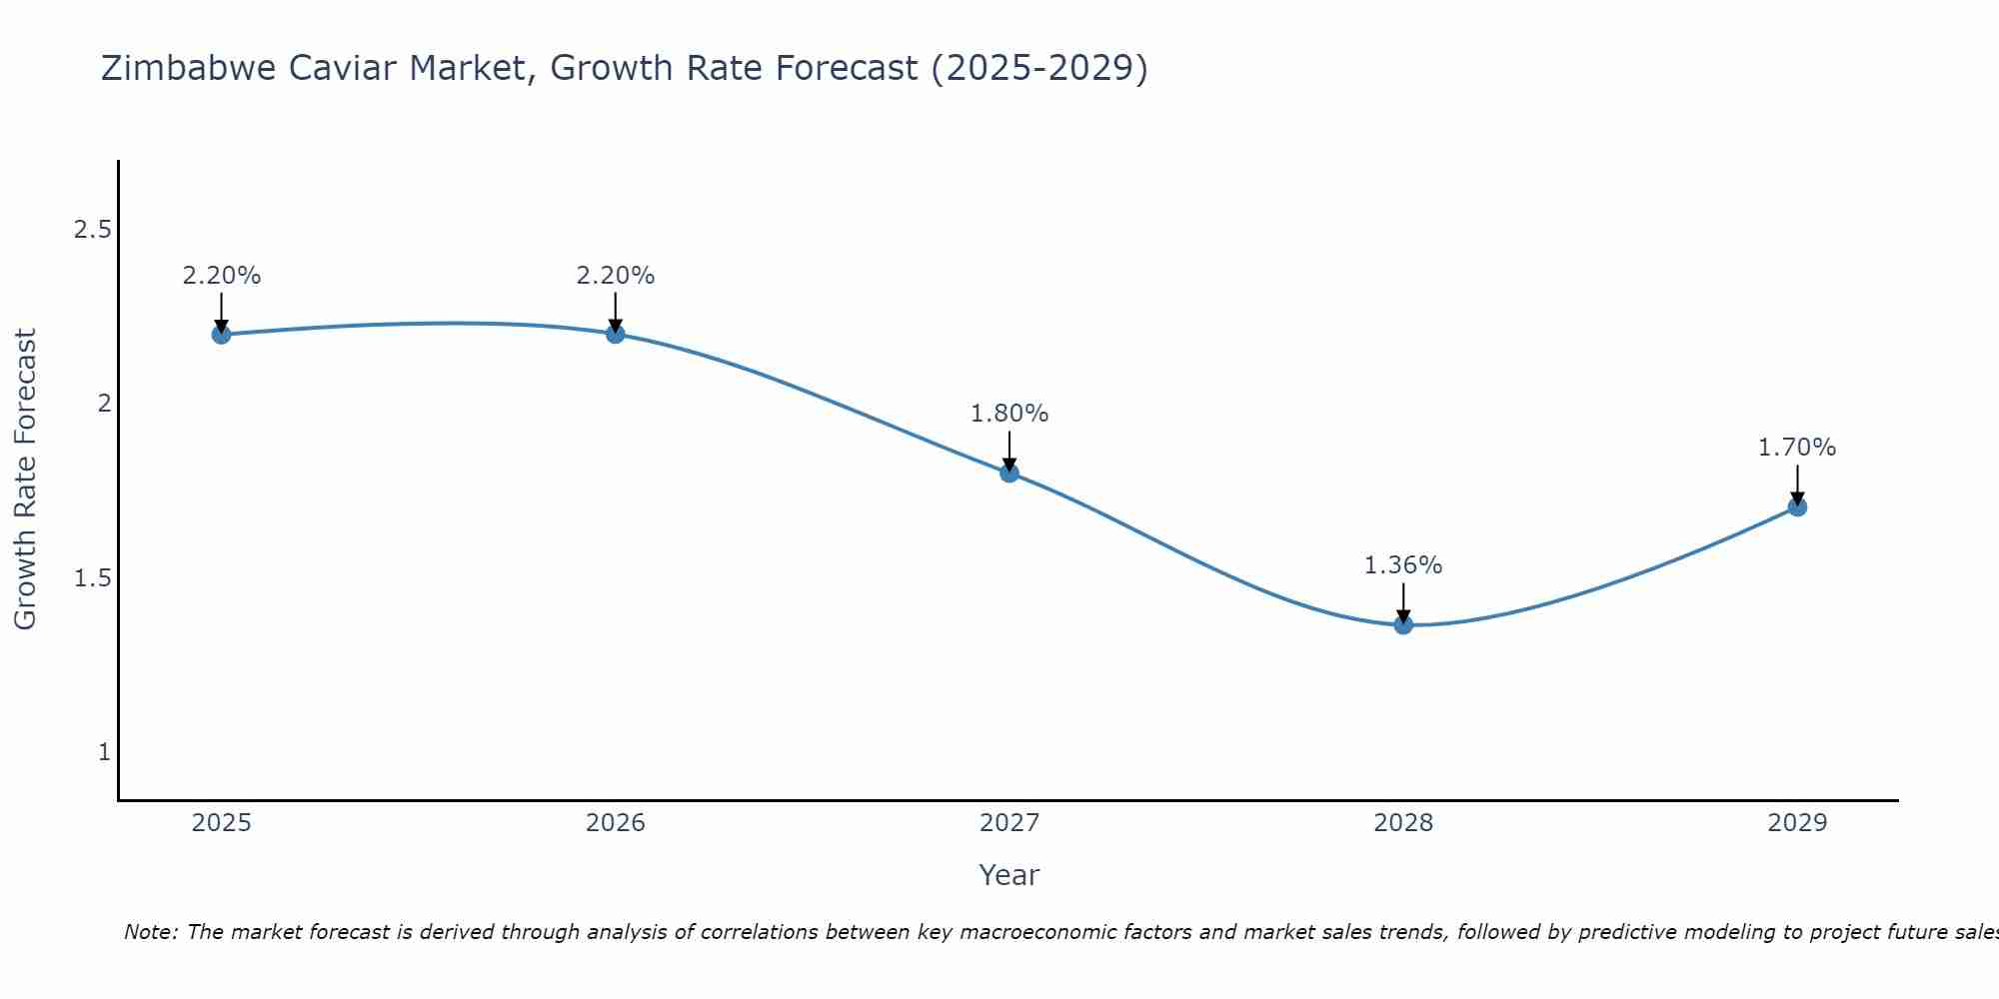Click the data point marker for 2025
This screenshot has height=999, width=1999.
coord(221,334)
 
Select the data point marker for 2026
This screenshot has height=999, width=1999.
coord(616,334)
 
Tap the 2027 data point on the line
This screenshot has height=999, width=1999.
coord(1009,473)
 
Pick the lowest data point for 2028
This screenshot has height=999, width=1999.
coord(1403,625)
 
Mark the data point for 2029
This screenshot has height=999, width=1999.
coord(1797,506)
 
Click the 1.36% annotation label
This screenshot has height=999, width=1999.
coord(1403,565)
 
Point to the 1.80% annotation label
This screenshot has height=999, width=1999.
coord(1009,414)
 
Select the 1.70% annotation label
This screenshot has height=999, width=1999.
coord(1797,448)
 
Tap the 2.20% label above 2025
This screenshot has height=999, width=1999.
coord(221,276)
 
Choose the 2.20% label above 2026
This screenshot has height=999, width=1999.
coord(616,276)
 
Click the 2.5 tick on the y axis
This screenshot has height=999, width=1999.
coord(92,230)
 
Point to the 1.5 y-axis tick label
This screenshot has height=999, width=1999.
coord(92,578)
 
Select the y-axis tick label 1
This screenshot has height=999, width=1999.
coord(104,752)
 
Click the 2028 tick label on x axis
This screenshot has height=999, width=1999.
coord(1403,823)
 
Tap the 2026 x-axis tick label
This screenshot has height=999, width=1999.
coord(616,823)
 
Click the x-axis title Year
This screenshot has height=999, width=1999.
coord(1009,875)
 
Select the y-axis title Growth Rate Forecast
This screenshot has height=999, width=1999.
coord(26,480)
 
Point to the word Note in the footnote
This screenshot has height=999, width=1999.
coord(150,932)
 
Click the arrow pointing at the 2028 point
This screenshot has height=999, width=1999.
coord(1403,603)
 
